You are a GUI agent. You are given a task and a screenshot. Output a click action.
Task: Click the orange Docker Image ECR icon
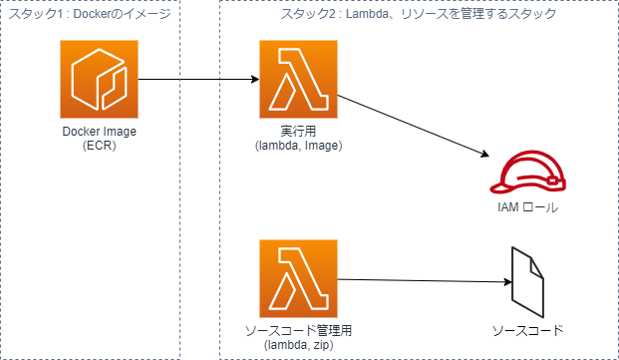pos(99,80)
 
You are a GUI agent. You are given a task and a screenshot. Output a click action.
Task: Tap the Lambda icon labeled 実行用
pos(298,80)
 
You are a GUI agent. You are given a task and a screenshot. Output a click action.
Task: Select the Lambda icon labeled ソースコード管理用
pos(298,278)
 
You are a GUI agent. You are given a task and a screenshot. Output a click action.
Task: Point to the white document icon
pos(527,283)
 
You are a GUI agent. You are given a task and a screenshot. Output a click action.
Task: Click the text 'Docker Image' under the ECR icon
pos(99,133)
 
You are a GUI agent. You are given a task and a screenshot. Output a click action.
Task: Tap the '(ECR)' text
pos(99,147)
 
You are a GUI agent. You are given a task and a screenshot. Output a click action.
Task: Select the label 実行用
pos(298,132)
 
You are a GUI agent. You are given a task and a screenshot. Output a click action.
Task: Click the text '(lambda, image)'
pos(298,146)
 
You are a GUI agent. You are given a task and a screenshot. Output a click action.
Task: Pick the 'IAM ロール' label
pos(527,208)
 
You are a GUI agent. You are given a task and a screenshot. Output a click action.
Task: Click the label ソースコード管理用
pos(298,330)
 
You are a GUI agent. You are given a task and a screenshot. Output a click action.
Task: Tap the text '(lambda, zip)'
pos(298,344)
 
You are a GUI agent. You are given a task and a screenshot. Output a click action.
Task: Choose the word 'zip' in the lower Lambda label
pos(319,344)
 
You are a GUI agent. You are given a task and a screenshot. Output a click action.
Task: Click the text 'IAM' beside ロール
pos(508,208)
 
